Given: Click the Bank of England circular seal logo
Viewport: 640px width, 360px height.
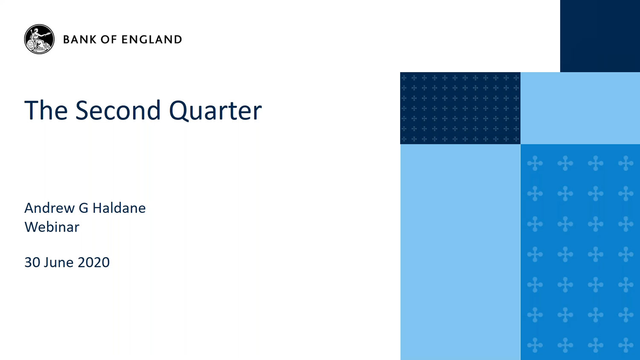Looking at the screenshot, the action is pyautogui.click(x=39, y=39).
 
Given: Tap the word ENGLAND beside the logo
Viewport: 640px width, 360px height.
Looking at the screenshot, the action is pyautogui.click(x=152, y=39).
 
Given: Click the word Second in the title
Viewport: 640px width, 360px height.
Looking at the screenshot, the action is pyautogui.click(x=118, y=110).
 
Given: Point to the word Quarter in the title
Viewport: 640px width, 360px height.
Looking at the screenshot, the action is pyautogui.click(x=215, y=111).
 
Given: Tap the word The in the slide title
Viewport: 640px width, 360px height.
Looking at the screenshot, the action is pyautogui.click(x=46, y=110).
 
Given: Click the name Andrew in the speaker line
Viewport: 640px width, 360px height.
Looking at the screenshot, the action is pyautogui.click(x=49, y=208).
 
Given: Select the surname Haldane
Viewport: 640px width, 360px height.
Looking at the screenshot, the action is pyautogui.click(x=119, y=208).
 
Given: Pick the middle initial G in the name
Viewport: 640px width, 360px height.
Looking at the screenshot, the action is pyautogui.click(x=84, y=208).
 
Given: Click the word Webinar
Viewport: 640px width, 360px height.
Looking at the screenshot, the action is pyautogui.click(x=52, y=227).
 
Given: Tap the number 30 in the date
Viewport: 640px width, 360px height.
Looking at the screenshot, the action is pyautogui.click(x=32, y=262).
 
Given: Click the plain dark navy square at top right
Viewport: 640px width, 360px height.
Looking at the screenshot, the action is pyautogui.click(x=600, y=36).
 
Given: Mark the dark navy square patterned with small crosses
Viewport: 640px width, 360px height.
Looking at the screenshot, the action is pyautogui.click(x=460, y=108).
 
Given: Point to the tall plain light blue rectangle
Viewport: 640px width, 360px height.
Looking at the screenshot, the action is pyautogui.click(x=460, y=252).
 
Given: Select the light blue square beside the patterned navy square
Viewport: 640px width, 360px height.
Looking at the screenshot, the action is pyautogui.click(x=580, y=108).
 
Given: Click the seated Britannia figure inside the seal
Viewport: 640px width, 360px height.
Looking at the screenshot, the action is pyautogui.click(x=38, y=40).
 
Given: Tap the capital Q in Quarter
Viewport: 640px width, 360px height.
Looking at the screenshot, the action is pyautogui.click(x=178, y=111).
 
